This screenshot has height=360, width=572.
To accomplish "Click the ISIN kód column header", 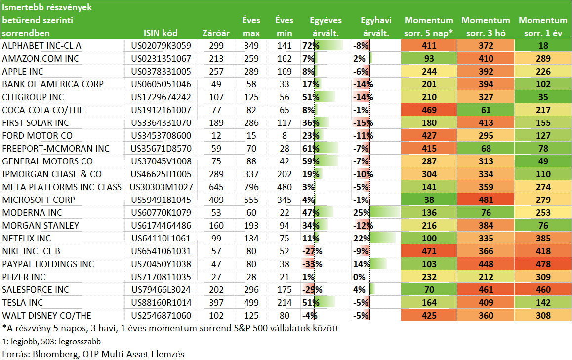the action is click(x=161, y=33).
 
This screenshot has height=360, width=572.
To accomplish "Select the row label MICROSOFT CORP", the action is click(x=39, y=200).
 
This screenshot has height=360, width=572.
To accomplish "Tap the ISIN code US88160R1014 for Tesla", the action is click(x=161, y=302).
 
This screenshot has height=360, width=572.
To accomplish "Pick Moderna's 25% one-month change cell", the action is click(x=376, y=213).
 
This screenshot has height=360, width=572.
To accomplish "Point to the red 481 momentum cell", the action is click(x=486, y=200).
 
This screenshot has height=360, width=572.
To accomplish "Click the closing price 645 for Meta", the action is click(x=216, y=187).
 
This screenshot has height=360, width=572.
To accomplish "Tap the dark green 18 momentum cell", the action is click(x=543, y=45).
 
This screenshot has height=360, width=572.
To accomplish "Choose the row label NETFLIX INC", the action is click(x=27, y=239).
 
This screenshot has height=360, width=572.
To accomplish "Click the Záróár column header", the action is click(x=216, y=33).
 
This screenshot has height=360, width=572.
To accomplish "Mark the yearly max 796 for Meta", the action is click(x=251, y=187).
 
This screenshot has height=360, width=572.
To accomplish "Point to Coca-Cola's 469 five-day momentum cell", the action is click(x=429, y=110).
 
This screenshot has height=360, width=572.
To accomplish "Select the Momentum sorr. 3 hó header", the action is click(x=486, y=26).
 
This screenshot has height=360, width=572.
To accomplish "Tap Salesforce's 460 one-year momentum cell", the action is click(x=543, y=289).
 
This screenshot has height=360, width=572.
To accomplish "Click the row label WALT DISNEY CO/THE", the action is click(x=47, y=316).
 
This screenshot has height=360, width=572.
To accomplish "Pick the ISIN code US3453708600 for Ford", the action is click(x=161, y=136).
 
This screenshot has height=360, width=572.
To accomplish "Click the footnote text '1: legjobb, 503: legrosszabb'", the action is click(x=51, y=342).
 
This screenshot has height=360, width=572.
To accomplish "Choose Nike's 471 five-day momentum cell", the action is click(x=429, y=251).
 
